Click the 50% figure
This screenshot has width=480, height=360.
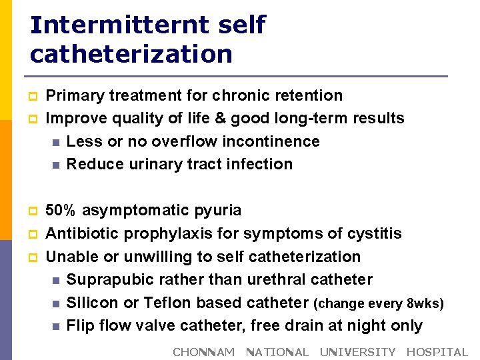click(61, 211)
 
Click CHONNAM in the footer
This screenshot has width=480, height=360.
click(203, 352)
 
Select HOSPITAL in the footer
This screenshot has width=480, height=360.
click(437, 352)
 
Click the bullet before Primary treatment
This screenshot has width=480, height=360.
click(33, 97)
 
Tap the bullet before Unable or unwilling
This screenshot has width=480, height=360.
click(33, 257)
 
